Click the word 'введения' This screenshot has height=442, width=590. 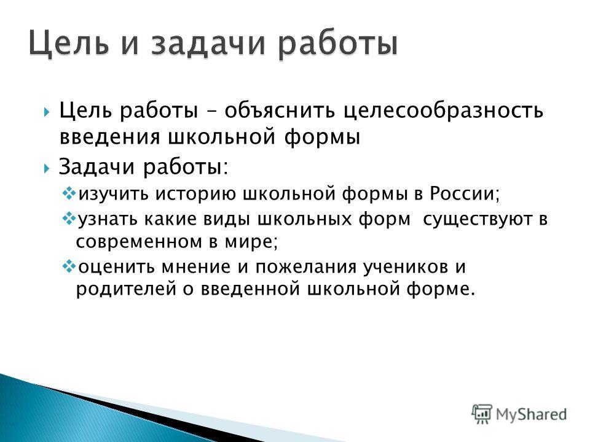110,137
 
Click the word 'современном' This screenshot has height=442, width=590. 139,242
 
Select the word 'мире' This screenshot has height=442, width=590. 251,242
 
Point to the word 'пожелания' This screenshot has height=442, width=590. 306,267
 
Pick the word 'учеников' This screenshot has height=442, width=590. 406,266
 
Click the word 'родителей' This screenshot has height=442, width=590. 126,289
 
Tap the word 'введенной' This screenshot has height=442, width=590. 250,289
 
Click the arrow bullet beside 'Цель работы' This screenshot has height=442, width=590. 46,112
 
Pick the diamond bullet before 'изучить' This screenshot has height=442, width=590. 69,194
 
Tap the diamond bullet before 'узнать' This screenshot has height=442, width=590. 69,219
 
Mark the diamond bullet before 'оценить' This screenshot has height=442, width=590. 69,267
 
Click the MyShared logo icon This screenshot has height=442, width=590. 482,414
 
